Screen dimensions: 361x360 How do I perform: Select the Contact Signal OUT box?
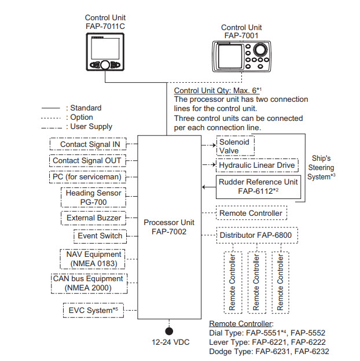[x=87, y=161]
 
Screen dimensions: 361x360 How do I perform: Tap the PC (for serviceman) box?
[x=87, y=176]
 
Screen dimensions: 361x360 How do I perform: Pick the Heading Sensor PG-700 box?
[x=93, y=197]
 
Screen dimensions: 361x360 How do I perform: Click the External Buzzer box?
[x=93, y=218]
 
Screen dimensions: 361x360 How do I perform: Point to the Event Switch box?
[x=100, y=235]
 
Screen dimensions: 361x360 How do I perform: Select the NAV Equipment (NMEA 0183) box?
[x=93, y=259]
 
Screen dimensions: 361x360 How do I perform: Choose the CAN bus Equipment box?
[x=88, y=283]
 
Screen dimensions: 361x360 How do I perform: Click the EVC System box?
[x=93, y=311]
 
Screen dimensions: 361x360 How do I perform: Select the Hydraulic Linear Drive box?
[x=257, y=165]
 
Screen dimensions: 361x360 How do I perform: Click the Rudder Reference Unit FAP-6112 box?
[x=258, y=186]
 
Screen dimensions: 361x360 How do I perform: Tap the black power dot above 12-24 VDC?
[x=169, y=331]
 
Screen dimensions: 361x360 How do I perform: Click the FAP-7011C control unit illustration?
[x=105, y=51]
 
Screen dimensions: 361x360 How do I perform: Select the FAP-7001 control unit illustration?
[x=242, y=58]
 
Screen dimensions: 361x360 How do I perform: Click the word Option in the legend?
[x=83, y=117]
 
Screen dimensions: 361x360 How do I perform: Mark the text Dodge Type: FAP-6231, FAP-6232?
[x=269, y=352]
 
